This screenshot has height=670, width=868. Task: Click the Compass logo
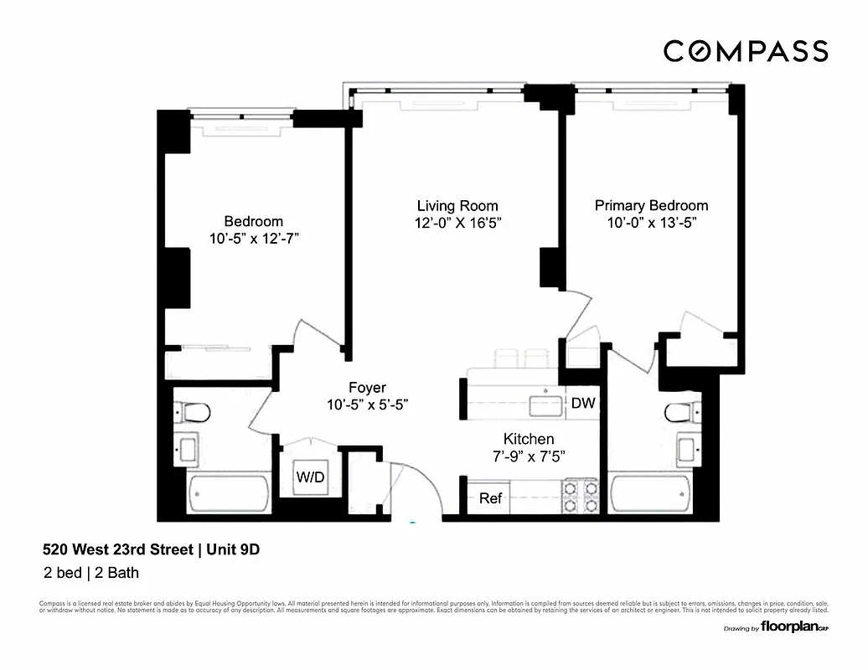pos(746,51)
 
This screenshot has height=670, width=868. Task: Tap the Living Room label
pos(457,206)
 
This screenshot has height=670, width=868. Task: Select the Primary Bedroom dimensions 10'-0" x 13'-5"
pos(651,223)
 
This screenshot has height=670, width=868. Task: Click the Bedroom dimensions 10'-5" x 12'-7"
pos(254,239)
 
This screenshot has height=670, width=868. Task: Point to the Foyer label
pos(367,388)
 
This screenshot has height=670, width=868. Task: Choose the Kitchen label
pos(528,439)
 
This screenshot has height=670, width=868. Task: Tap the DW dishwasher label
pos(583,404)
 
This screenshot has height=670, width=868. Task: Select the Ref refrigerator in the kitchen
pos(490,498)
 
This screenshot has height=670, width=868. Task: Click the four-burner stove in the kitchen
pos(580,496)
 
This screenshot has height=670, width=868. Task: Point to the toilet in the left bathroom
pos(193,412)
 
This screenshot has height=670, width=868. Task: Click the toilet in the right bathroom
pos(681,412)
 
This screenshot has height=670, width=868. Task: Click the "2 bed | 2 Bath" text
pos(91,574)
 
